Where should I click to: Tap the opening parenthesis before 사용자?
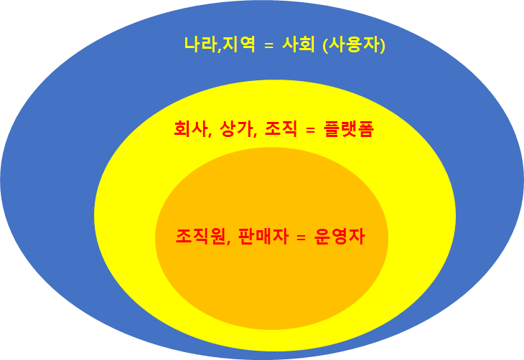coord(327,46)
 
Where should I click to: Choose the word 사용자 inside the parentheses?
coord(355,45)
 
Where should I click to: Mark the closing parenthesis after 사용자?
coord(384,46)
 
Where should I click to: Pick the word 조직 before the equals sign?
coord(280,130)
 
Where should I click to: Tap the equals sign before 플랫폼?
coord(311,131)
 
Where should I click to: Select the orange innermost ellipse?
coord(273,287)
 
